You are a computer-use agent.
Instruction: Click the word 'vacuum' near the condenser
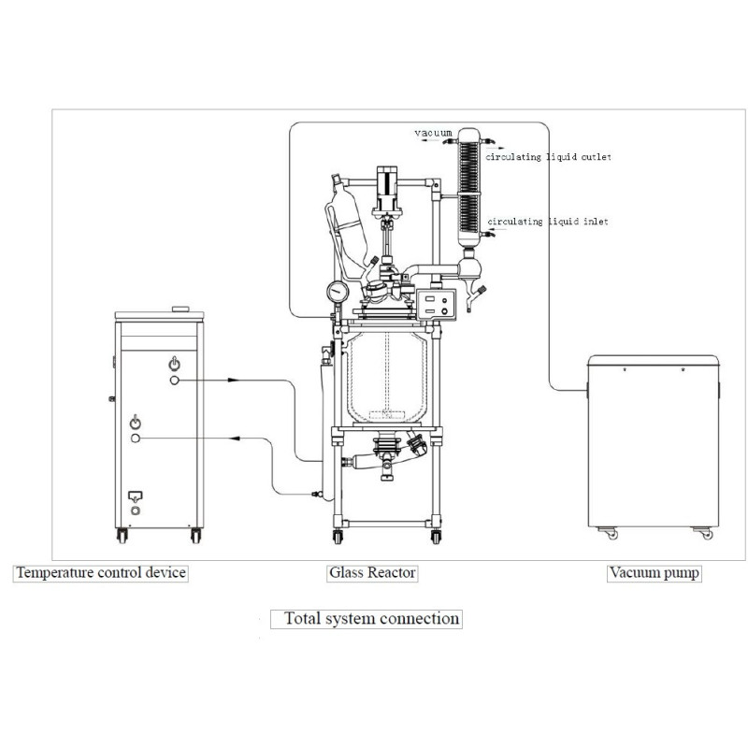[434, 134]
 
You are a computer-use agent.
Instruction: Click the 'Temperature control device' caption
[100, 572]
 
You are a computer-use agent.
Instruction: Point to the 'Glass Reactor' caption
[371, 572]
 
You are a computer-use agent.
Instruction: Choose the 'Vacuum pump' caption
[654, 572]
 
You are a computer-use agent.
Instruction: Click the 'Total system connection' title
[371, 618]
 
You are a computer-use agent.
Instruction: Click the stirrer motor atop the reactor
[387, 188]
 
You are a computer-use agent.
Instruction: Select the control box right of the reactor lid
[436, 302]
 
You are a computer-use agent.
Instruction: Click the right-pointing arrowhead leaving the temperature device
[235, 381]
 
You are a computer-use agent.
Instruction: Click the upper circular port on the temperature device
[175, 381]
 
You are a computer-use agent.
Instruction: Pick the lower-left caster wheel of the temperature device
[121, 536]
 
